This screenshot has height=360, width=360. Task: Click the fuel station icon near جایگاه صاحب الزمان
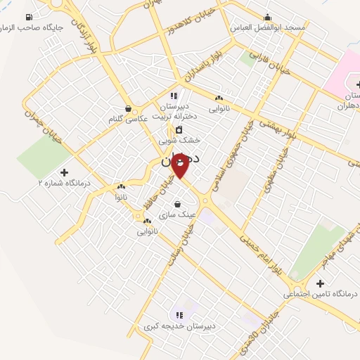(x=28, y=17)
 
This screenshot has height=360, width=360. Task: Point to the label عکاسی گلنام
(x=128, y=119)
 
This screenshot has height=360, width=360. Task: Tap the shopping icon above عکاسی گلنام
(x=128, y=108)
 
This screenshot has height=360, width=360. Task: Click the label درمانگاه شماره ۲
(x=65, y=183)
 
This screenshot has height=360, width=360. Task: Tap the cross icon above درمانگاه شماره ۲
(x=65, y=172)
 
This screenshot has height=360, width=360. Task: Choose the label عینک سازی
(x=176, y=214)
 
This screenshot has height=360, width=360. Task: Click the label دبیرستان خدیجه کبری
(x=179, y=326)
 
